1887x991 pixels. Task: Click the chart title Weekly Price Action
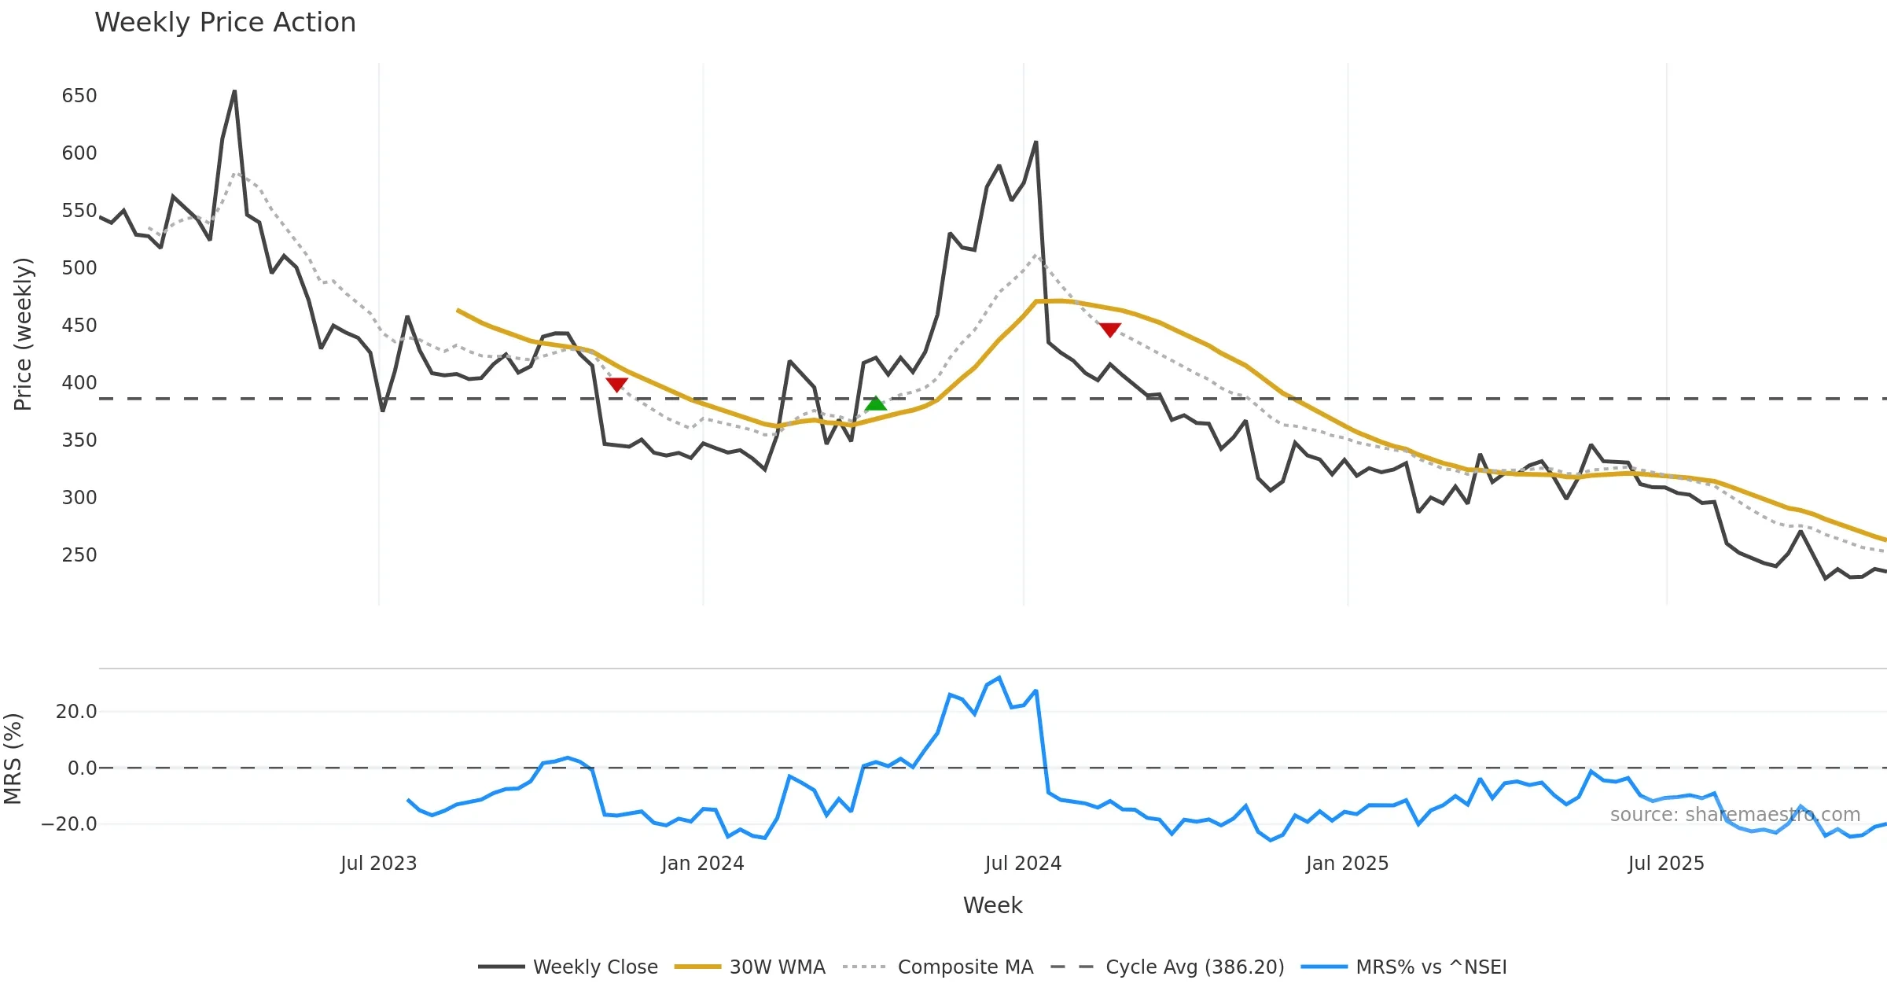tap(225, 23)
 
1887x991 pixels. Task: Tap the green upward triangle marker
tap(875, 403)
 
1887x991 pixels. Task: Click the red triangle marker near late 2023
tap(616, 385)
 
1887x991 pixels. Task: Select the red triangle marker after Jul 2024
tap(1109, 330)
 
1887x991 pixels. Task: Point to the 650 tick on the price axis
tap(79, 96)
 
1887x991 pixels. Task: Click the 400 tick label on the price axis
tap(79, 383)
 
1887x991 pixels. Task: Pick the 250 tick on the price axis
tap(79, 555)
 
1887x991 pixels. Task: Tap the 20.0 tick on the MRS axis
tap(76, 712)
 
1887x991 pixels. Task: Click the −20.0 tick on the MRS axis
tap(69, 824)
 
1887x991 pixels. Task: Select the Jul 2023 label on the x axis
tap(378, 864)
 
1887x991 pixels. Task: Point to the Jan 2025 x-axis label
tap(1347, 864)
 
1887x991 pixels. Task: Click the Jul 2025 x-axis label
tap(1666, 864)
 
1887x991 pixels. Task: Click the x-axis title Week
tap(992, 906)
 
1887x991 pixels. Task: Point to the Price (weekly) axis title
tap(23, 334)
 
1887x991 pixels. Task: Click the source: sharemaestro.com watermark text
tap(1734, 815)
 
